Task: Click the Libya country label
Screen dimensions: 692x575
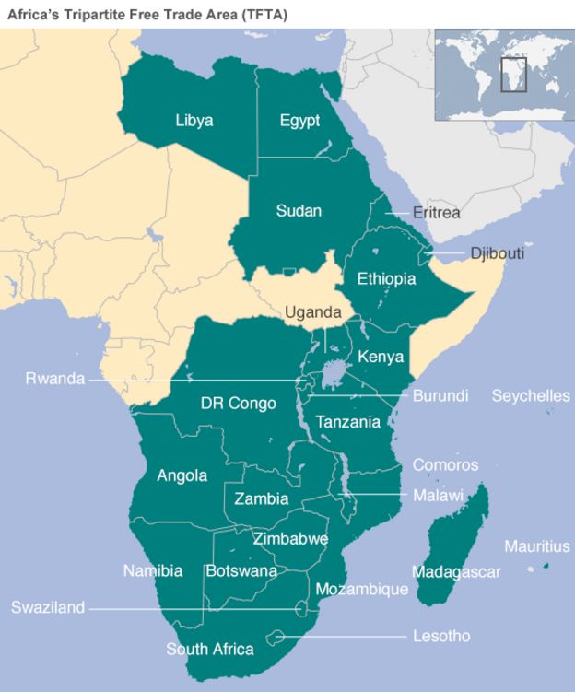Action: point(194,121)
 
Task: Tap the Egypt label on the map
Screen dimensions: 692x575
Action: point(299,121)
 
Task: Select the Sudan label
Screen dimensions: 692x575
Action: point(299,211)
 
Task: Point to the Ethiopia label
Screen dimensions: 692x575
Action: point(386,278)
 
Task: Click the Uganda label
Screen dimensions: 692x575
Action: point(312,312)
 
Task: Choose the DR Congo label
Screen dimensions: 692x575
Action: point(238,404)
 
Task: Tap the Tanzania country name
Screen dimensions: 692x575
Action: point(347,422)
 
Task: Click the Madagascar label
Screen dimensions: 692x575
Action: point(456,572)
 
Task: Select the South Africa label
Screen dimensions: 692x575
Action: point(209,650)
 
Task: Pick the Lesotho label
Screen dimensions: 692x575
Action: point(441,637)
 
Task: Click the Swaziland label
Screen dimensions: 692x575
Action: point(48,608)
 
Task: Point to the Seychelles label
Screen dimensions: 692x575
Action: point(530,396)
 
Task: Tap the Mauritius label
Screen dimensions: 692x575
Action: point(536,546)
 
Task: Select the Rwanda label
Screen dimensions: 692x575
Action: point(54,379)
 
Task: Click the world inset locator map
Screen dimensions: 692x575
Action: point(502,75)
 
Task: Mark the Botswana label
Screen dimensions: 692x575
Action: point(241,571)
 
